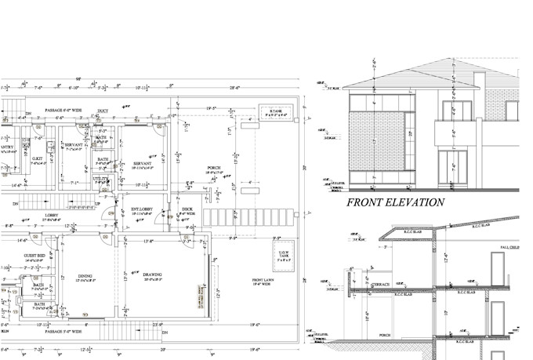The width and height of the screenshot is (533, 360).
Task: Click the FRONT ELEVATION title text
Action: (x=395, y=202)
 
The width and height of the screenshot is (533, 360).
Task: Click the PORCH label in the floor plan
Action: (x=214, y=169)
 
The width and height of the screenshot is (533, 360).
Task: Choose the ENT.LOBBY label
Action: (x=142, y=209)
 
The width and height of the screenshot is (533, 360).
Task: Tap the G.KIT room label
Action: (x=37, y=158)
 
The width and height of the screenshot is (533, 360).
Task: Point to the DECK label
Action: (x=188, y=209)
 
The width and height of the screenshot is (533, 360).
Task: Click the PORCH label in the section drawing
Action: (x=383, y=335)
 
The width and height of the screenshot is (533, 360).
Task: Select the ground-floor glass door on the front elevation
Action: (x=452, y=169)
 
